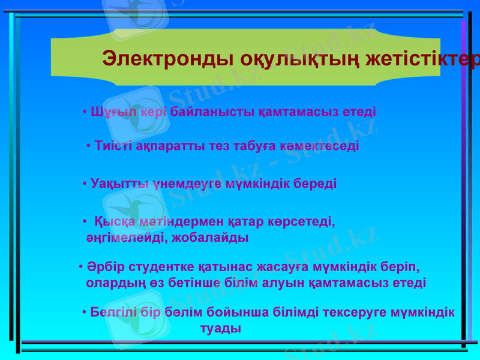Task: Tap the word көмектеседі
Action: point(323,146)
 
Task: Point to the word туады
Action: point(220,329)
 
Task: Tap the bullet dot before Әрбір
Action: point(81,266)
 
